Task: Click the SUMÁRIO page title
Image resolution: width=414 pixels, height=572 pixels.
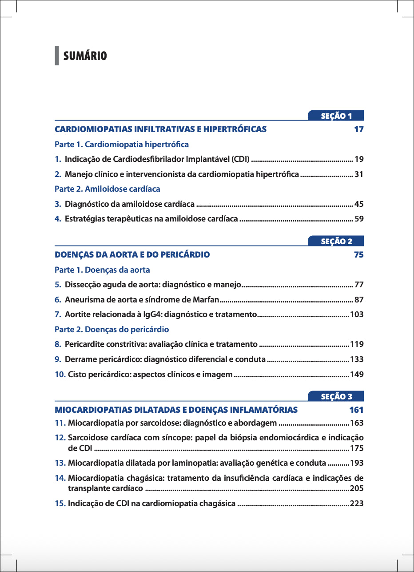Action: click(x=85, y=56)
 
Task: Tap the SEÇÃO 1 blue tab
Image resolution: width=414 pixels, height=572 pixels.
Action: click(x=336, y=116)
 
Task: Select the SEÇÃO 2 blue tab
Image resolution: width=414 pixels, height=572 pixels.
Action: click(x=336, y=242)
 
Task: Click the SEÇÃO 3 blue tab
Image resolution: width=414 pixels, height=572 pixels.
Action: click(x=336, y=397)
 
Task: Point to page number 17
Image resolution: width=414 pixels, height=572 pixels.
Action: click(x=358, y=129)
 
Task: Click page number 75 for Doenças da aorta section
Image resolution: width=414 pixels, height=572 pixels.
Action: click(x=358, y=255)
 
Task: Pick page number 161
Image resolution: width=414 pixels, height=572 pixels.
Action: click(x=356, y=410)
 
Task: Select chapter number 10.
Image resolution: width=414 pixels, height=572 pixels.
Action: click(x=60, y=375)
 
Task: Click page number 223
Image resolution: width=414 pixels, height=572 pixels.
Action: click(x=357, y=504)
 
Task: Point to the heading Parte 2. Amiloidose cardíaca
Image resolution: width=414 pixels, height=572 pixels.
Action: click(x=107, y=189)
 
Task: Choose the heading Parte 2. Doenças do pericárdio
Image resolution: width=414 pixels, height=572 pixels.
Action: click(x=111, y=330)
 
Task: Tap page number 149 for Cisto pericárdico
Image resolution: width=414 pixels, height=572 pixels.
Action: click(x=357, y=375)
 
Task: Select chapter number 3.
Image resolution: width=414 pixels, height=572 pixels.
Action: click(x=58, y=204)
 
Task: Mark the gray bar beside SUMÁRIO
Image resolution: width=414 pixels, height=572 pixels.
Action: click(x=57, y=56)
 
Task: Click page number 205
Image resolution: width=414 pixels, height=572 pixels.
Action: click(x=357, y=489)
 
